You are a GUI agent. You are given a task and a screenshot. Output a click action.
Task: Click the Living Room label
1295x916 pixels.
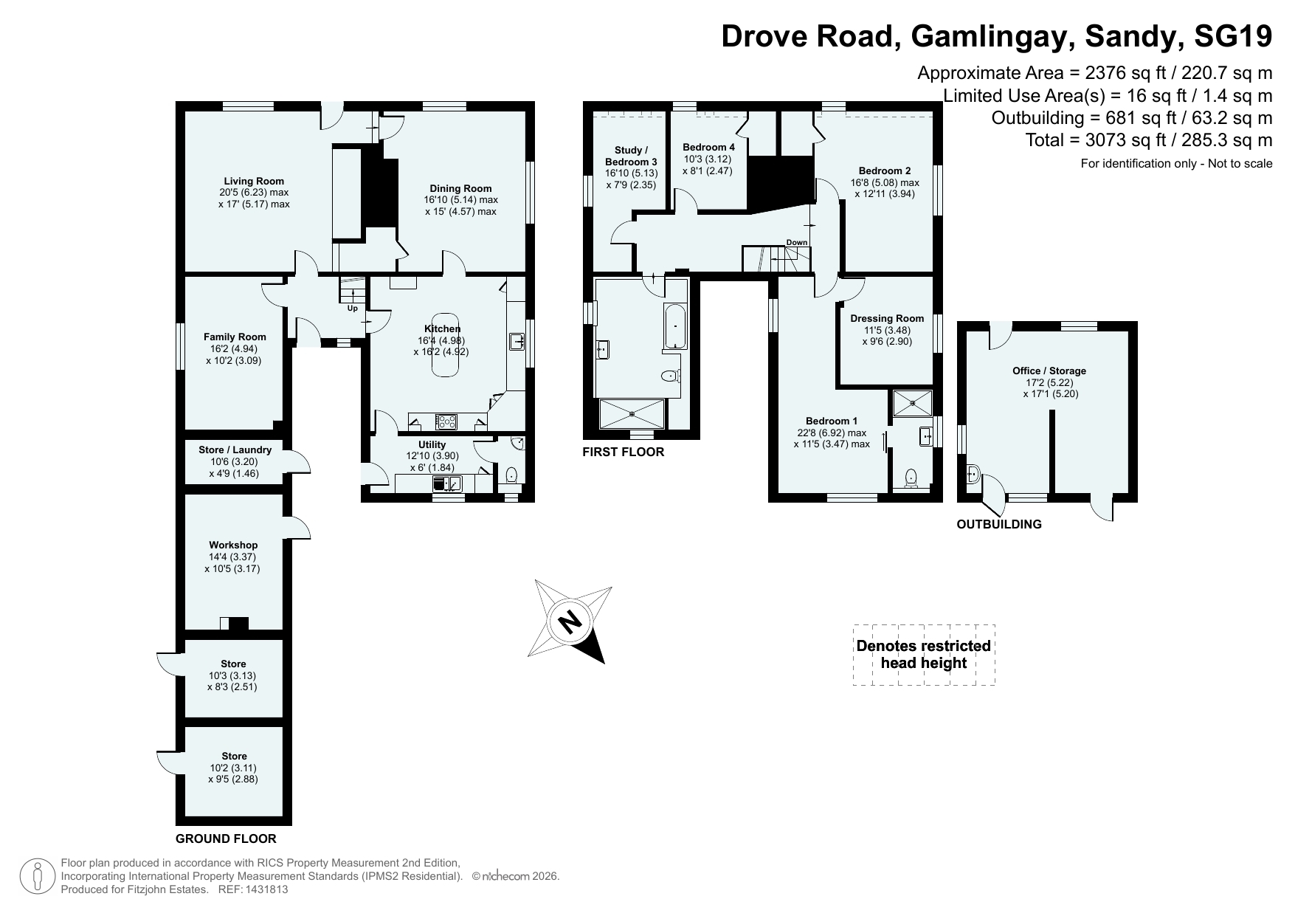254,181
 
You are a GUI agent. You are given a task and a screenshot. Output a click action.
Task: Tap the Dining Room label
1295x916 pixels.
460,188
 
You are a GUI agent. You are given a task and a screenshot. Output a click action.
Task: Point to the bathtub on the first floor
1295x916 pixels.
675,327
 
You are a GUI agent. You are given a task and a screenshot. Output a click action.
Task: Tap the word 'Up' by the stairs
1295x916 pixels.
353,309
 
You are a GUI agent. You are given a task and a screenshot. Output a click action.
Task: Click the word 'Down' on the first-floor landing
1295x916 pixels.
797,242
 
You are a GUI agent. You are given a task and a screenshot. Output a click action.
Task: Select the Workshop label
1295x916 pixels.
233,545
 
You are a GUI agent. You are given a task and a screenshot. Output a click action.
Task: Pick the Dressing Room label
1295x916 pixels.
887,319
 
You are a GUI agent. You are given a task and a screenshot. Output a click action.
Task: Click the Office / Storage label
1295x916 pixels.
1049,371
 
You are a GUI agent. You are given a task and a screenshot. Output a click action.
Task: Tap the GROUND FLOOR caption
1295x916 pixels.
226,838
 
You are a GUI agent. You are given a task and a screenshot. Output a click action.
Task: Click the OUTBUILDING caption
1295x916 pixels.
999,524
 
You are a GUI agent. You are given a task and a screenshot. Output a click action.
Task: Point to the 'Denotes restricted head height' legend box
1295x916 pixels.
924,655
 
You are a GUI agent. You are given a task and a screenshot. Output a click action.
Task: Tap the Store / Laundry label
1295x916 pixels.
235,450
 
